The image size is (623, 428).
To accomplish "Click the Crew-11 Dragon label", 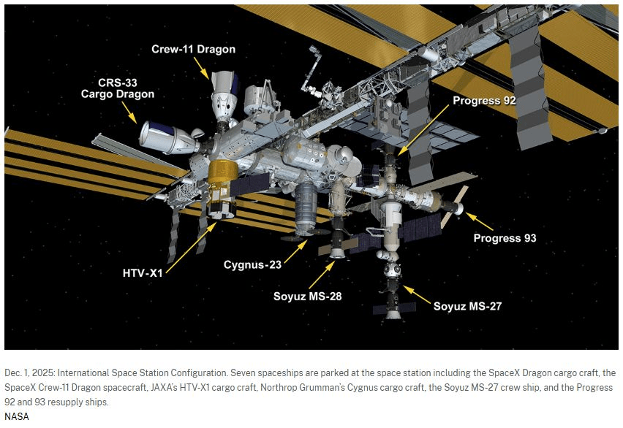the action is click(194, 49).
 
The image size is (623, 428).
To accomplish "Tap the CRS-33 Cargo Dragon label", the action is click(118, 88).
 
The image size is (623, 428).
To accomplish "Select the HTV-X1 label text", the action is click(143, 273).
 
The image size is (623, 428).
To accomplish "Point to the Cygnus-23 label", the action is click(252, 265).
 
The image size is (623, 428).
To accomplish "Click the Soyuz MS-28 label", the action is click(308, 297).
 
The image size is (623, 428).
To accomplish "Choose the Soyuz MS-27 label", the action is click(467, 306).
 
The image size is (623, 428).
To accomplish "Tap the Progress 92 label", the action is click(484, 101).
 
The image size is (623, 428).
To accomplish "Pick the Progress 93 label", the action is click(505, 238).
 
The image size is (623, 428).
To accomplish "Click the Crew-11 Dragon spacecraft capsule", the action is click(223, 97).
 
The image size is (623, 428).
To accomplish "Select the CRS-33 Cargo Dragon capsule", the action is click(167, 137).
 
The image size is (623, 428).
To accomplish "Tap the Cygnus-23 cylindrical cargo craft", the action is click(305, 210).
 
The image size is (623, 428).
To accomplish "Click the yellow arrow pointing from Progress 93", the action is click(480, 221).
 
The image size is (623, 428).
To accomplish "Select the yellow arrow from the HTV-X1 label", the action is click(191, 248).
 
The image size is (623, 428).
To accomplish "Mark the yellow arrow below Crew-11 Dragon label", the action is click(201, 67).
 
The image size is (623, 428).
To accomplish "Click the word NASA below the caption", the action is click(17, 416).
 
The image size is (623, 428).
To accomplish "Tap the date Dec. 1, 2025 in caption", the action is click(31, 372).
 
